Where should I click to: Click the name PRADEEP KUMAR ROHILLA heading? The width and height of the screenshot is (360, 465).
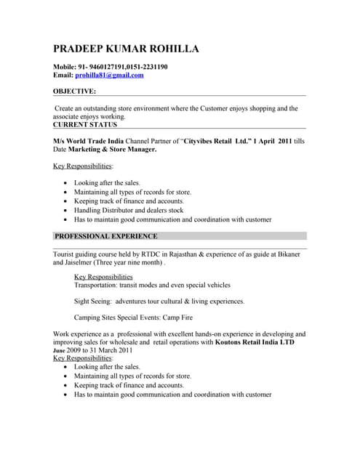(x=126, y=49)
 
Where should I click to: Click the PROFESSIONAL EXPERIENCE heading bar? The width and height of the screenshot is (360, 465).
(x=106, y=236)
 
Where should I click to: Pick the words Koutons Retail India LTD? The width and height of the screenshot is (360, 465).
(x=255, y=342)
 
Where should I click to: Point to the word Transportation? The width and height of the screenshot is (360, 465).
(x=99, y=286)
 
